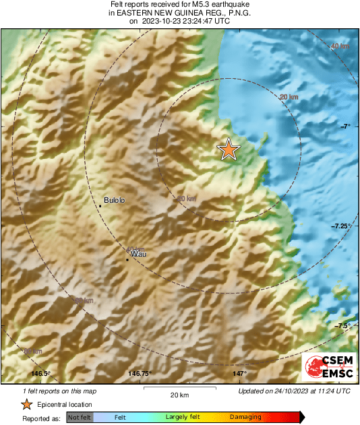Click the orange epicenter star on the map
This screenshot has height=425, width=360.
(229, 150)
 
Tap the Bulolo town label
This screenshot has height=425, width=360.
(115, 201)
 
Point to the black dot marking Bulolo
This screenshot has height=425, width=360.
(100, 205)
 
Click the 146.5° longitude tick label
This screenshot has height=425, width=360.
(41, 374)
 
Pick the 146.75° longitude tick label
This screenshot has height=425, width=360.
(140, 374)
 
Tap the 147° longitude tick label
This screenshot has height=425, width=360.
(240, 374)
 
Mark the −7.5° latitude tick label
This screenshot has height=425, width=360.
(343, 326)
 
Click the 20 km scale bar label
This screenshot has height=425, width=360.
(179, 394)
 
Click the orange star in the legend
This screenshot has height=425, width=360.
(26, 404)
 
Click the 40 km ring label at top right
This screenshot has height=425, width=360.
(340, 46)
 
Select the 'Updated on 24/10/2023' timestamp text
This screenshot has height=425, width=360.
(294, 391)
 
